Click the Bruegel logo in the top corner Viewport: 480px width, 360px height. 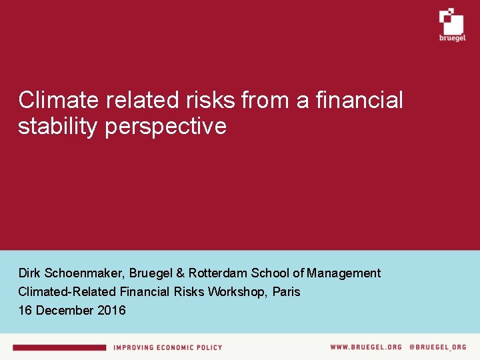tap(451, 25)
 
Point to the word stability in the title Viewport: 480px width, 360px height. tap(57, 126)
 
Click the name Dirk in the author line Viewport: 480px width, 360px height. tap(29, 273)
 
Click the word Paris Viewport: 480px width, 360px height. tap(287, 291)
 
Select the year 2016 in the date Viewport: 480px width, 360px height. tap(111, 310)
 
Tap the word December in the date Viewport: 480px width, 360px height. tap(66, 310)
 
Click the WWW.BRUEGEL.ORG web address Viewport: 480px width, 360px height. tap(366, 347)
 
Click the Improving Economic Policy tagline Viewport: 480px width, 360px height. tap(167, 347)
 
